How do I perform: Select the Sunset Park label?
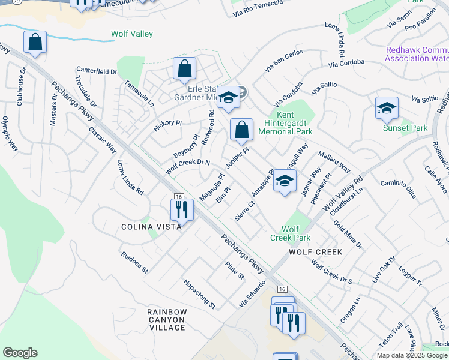pyautogui.click(x=405, y=128)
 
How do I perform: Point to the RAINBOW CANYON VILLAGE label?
pyautogui.click(x=167, y=320)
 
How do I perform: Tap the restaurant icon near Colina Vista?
pyautogui.click(x=181, y=209)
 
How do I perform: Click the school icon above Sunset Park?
pyautogui.click(x=387, y=107)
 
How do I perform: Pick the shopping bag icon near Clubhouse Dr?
pyautogui.click(x=35, y=43)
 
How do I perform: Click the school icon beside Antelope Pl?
pyautogui.click(x=285, y=181)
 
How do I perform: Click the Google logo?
pyautogui.click(x=20, y=353)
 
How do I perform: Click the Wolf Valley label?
pyautogui.click(x=132, y=34)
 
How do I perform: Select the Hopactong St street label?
pyautogui.click(x=199, y=294)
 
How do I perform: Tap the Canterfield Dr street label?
pyautogui.click(x=96, y=71)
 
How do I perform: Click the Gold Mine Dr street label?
pyautogui.click(x=348, y=235)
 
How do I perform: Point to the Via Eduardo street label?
pyautogui.click(x=252, y=294)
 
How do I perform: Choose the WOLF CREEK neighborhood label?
pyautogui.click(x=315, y=252)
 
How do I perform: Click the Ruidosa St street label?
pyautogui.click(x=134, y=262)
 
